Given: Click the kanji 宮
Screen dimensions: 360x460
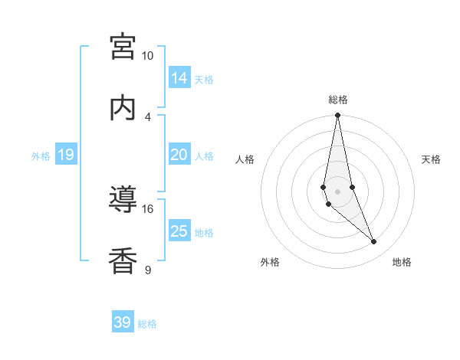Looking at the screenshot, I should coord(123,46).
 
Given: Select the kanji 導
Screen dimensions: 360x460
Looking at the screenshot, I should coord(123,199).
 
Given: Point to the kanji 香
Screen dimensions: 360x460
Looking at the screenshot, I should coord(123,260).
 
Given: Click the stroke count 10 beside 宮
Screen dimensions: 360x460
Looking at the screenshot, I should coord(147,56).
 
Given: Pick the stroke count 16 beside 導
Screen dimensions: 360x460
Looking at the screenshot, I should coord(147,208).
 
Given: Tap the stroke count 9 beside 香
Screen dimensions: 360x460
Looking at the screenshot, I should coord(147,270).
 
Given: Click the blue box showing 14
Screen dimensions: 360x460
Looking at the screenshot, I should coord(179,78).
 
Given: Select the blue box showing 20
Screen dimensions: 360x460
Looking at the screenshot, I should coord(179,155).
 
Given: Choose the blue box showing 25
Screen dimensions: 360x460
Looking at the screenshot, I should coord(179,231).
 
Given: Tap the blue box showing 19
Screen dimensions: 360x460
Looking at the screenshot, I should coord(66,155).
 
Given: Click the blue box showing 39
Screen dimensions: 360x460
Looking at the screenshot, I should coord(123,322).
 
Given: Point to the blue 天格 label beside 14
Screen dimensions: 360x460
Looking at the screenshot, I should coord(204,80).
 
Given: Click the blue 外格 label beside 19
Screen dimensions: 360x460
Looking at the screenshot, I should coord(41,156).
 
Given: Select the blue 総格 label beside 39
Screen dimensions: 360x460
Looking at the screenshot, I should coord(147,324).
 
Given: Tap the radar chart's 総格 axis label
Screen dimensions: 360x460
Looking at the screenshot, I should coord(338,100).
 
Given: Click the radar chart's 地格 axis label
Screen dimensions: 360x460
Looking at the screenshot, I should coord(402,262).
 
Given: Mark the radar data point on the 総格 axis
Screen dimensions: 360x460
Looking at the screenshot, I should coord(337,116).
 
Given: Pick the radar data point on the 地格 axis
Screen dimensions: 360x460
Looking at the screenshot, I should coord(374,242).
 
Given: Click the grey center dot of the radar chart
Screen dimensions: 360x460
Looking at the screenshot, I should coord(337,191).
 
